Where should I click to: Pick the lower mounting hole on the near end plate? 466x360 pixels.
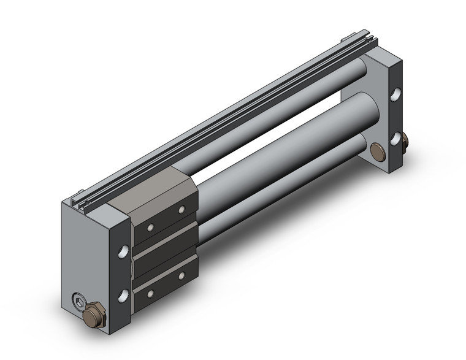pyautogui.click(x=124, y=295)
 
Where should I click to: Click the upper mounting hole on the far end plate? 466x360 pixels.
pyautogui.click(x=397, y=94)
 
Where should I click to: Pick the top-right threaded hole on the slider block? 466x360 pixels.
pyautogui.click(x=181, y=210)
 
